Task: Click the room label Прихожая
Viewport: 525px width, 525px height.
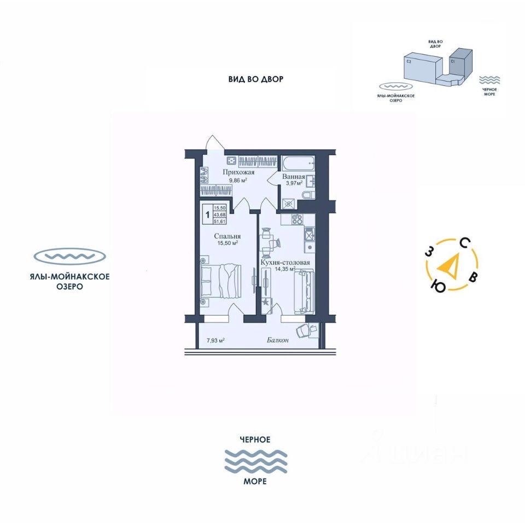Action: (x=238, y=172)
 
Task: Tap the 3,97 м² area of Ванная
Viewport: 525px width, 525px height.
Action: (x=294, y=183)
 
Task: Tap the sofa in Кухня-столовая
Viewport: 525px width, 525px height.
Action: (x=304, y=290)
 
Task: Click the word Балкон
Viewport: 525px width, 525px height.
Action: (x=278, y=340)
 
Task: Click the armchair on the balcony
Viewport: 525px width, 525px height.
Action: (x=304, y=330)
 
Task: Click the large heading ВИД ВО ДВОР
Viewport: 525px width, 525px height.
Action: (x=256, y=79)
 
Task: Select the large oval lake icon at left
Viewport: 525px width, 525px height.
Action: (x=69, y=256)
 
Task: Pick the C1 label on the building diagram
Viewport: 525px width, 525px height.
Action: (x=453, y=62)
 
